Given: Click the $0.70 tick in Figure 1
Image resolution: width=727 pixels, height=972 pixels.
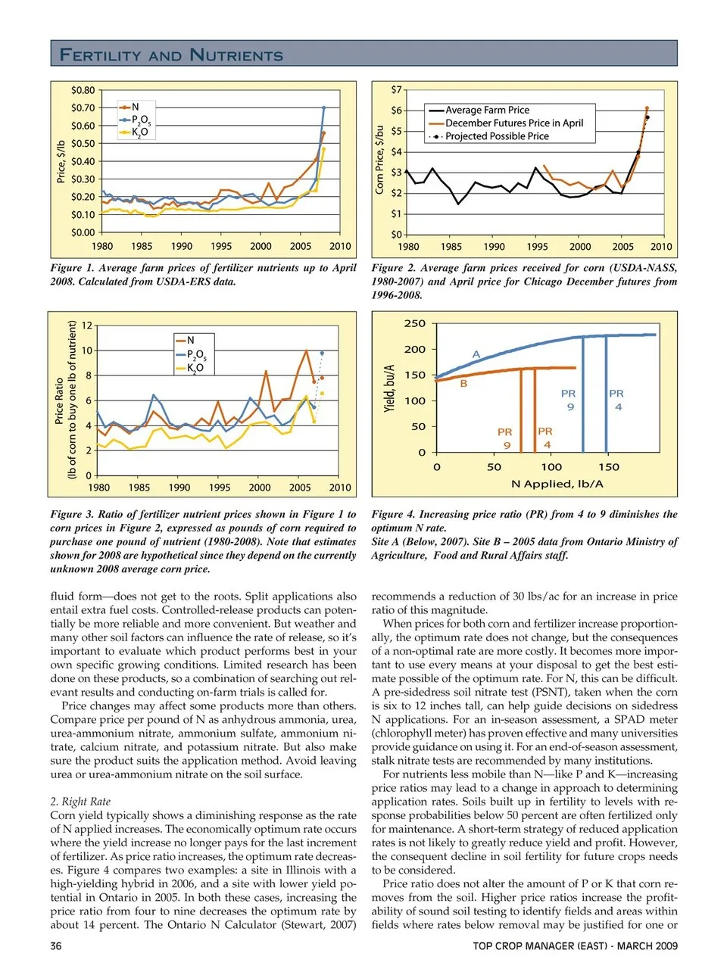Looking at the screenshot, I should (83, 108).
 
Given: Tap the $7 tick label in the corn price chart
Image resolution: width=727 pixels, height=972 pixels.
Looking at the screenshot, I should (396, 90).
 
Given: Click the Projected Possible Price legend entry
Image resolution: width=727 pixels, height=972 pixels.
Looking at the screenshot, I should (496, 136).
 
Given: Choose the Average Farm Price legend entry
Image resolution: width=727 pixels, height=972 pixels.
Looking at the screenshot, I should (486, 111).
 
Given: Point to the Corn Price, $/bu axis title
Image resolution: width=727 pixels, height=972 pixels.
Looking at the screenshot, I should (380, 160).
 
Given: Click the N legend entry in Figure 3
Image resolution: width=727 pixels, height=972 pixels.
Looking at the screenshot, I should (189, 341).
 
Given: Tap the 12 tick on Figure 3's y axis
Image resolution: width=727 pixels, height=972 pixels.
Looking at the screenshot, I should (87, 326).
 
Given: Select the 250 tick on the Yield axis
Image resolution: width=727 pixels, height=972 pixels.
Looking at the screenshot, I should (415, 324).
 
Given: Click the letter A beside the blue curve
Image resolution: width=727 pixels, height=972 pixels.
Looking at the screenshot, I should (476, 354).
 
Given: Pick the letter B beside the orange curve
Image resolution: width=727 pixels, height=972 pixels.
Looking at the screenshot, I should (463, 384).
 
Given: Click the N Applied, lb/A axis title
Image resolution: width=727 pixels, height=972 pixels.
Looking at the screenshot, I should (557, 484).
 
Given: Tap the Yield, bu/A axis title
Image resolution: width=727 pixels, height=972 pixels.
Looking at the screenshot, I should (389, 388).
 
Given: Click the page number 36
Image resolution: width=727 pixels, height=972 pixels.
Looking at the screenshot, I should (56, 946).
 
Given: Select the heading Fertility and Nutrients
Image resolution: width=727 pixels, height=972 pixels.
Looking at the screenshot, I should (171, 55).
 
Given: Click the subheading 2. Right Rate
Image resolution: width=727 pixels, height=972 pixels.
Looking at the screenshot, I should (80, 802).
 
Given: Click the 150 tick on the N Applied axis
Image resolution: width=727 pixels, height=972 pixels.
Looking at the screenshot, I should (609, 467).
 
